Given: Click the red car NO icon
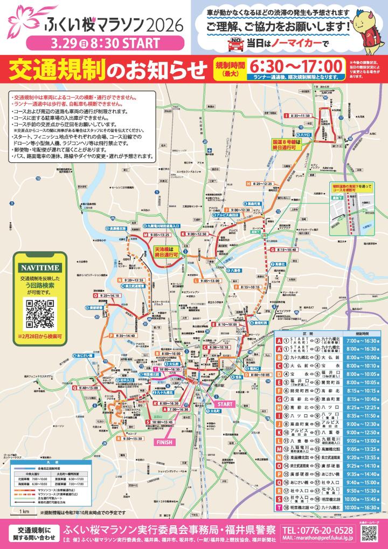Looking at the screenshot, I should coord(235,43).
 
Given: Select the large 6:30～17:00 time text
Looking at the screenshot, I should coord(295,66).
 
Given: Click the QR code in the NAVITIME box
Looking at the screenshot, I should coord(41,313).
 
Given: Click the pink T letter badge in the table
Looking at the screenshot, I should coord(279,500).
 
